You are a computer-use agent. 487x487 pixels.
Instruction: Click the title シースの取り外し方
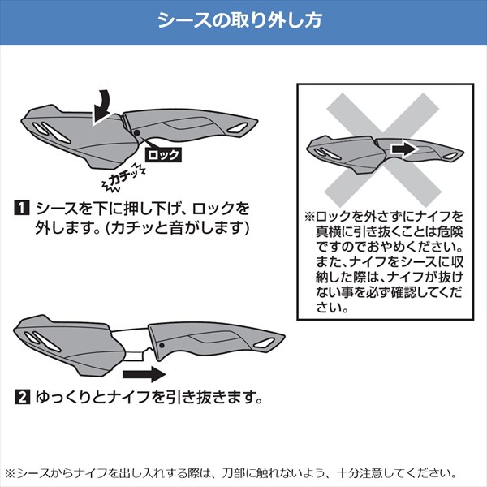click(x=239, y=20)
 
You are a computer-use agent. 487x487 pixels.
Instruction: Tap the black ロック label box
click(x=163, y=154)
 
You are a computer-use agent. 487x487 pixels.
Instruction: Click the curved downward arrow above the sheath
click(x=101, y=107)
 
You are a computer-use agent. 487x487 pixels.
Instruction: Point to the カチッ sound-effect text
click(x=123, y=179)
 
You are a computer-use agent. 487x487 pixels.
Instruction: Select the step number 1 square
click(x=22, y=209)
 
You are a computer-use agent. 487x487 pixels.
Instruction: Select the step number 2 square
click(x=23, y=397)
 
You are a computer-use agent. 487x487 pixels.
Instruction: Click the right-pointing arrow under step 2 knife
click(x=144, y=374)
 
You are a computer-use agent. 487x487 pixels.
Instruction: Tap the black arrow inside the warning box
click(x=403, y=149)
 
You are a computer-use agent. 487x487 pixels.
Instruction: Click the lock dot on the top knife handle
click(x=137, y=133)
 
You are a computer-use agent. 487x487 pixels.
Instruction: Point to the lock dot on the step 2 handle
click(x=162, y=346)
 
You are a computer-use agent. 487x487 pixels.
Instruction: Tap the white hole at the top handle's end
click(x=238, y=128)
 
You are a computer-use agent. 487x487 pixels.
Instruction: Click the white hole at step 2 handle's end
click(x=264, y=343)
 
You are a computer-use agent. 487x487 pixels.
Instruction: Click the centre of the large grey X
click(x=382, y=150)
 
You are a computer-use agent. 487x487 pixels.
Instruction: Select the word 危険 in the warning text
click(x=450, y=231)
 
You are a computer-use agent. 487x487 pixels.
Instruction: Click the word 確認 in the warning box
click(x=403, y=292)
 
